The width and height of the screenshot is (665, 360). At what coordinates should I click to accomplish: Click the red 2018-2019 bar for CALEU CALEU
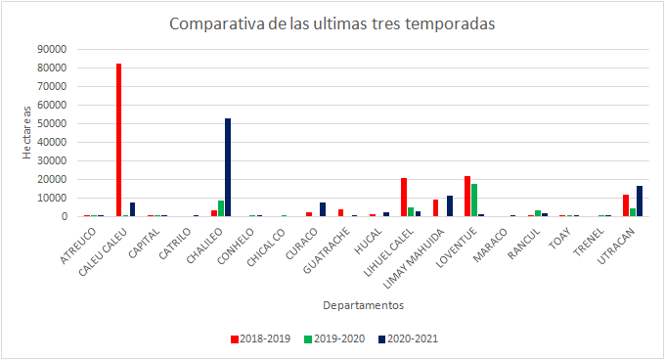pyautogui.click(x=118, y=140)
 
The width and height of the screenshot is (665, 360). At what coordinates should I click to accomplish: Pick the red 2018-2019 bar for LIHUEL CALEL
pyautogui.click(x=404, y=197)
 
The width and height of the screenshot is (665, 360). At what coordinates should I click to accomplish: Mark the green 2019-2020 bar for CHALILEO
pyautogui.click(x=221, y=208)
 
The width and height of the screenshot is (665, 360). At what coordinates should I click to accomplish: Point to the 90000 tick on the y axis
pyautogui.click(x=52, y=49)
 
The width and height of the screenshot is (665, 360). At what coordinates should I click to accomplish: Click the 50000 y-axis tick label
pyautogui.click(x=52, y=123)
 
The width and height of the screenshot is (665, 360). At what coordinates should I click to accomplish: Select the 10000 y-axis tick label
pyautogui.click(x=52, y=198)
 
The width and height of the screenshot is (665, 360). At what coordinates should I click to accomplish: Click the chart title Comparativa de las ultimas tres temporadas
pyautogui.click(x=332, y=23)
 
